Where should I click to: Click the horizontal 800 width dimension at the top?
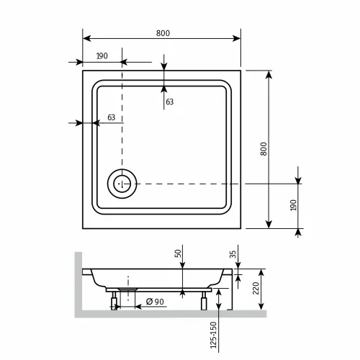(x=163, y=33)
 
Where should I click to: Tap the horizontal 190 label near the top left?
(x=102, y=56)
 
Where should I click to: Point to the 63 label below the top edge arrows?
(x=170, y=102)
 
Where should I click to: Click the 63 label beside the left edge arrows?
(x=111, y=117)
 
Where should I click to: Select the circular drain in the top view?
(x=121, y=184)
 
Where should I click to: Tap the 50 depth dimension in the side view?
(x=177, y=254)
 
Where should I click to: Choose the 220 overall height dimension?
(x=256, y=291)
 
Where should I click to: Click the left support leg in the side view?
(x=114, y=300)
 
